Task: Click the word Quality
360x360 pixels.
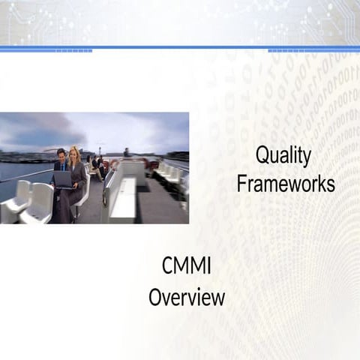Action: (x=283, y=156)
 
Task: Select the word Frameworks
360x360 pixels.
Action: (x=286, y=184)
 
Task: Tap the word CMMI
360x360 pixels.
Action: (x=187, y=267)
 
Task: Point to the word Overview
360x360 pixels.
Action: (x=187, y=297)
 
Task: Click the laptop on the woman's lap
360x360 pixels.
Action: (x=63, y=180)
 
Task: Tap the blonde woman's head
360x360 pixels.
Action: (x=75, y=154)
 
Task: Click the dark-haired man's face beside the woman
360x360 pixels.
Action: (x=61, y=156)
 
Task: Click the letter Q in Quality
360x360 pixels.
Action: (x=262, y=156)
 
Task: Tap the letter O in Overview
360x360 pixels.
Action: (x=155, y=297)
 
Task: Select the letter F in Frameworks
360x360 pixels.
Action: (x=241, y=184)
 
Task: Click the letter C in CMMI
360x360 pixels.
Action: (x=168, y=267)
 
